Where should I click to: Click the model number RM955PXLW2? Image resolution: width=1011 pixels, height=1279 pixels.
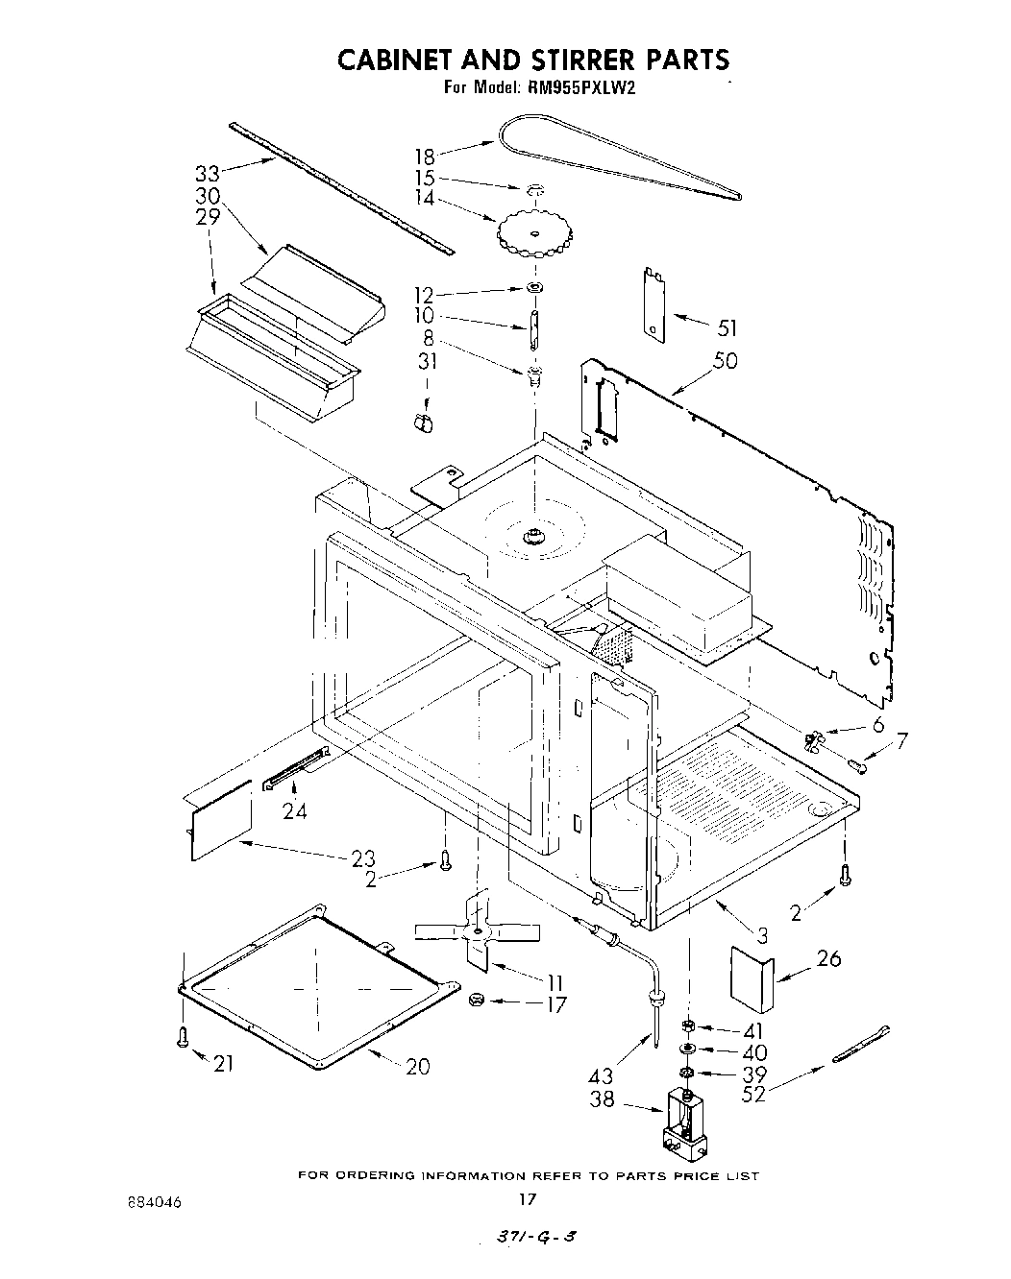[x=581, y=87]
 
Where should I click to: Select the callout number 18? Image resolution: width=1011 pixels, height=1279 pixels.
[x=424, y=156]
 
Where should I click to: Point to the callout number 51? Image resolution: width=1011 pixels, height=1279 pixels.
[x=727, y=328]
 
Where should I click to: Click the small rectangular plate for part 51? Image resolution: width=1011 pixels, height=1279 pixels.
[x=655, y=303]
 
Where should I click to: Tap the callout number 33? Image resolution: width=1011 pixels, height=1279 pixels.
[x=208, y=174]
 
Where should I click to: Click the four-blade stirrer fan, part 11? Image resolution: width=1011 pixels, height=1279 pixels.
[x=478, y=930]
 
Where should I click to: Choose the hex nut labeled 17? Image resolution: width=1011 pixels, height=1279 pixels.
[x=475, y=1001]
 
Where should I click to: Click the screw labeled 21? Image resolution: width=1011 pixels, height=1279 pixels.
[x=183, y=1037]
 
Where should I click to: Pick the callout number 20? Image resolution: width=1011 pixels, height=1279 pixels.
[x=418, y=1066]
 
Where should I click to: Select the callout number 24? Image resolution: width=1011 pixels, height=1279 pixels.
[x=295, y=811]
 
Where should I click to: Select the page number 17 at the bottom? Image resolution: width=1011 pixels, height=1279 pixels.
[x=526, y=1199]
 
